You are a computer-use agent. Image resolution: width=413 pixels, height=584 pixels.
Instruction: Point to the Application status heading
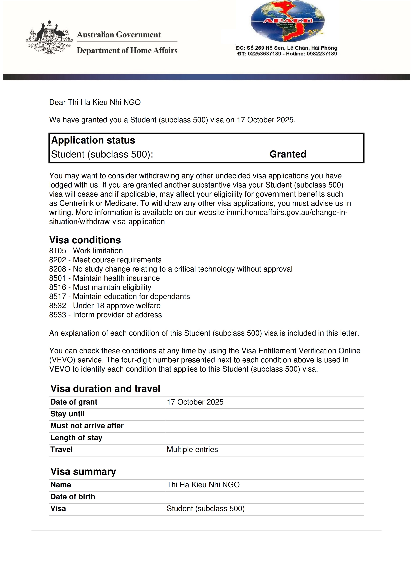point(93,140)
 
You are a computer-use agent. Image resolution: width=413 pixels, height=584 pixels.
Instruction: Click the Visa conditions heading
point(85,240)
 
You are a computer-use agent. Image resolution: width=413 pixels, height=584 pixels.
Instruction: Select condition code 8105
point(57,251)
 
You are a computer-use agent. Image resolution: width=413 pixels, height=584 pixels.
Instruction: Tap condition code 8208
point(57,269)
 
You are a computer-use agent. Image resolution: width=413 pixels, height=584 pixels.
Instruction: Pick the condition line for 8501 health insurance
point(104,278)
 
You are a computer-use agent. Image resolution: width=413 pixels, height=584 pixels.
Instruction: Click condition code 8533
point(57,315)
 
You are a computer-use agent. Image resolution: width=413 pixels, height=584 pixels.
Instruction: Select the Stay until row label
point(67,414)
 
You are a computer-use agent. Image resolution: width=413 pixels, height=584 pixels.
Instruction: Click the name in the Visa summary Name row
point(203,485)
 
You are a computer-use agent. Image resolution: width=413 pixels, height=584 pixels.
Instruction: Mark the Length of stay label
point(76,438)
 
